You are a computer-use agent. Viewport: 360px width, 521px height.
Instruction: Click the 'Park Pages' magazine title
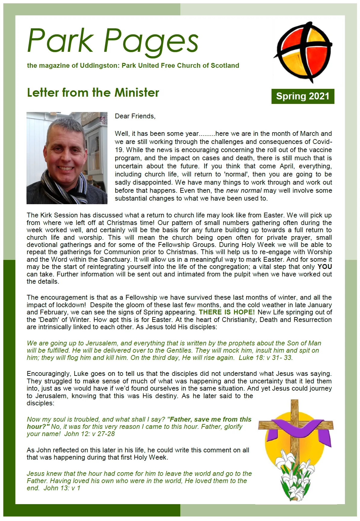pyautogui.click(x=113, y=41)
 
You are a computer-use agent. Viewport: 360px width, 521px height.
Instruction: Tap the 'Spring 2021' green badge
pyautogui.click(x=303, y=96)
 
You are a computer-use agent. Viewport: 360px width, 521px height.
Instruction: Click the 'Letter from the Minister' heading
pyautogui.click(x=93, y=92)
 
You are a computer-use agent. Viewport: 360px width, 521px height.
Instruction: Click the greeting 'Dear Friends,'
pyautogui.click(x=135, y=116)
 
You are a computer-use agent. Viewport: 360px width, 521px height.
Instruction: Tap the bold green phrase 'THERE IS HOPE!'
pyautogui.click(x=227, y=312)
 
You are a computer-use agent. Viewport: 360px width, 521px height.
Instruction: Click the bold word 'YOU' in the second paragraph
pyautogui.click(x=324, y=267)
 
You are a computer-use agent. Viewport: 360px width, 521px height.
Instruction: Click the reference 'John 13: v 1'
pyautogui.click(x=62, y=488)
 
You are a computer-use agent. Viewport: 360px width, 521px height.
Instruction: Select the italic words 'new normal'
pyautogui.click(x=244, y=191)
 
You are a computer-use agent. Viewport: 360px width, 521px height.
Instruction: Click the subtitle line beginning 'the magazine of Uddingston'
pyautogui.click(x=133, y=66)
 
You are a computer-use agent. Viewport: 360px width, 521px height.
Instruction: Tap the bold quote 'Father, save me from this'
pyautogui.click(x=211, y=419)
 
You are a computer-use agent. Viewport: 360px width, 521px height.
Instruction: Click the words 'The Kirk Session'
pyautogui.click(x=50, y=215)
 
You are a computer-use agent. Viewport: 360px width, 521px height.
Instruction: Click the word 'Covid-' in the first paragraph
pyautogui.click(x=322, y=142)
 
